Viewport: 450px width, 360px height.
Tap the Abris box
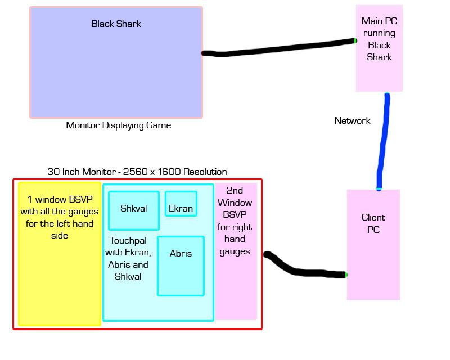[x=181, y=265]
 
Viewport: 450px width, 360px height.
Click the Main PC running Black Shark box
[x=379, y=48]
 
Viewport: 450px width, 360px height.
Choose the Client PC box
[x=373, y=245]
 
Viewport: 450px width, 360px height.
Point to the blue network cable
[x=384, y=141]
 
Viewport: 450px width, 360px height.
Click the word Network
[x=352, y=121]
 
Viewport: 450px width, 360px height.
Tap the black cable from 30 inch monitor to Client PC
[x=304, y=272]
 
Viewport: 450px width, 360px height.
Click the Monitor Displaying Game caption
[x=119, y=125]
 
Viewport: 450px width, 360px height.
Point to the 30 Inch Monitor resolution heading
[x=137, y=172]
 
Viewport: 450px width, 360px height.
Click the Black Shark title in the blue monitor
[x=116, y=24]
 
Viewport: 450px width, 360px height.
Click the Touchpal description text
[x=129, y=258]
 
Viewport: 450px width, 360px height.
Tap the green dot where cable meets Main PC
[x=355, y=40]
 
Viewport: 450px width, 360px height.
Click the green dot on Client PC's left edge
[x=346, y=275]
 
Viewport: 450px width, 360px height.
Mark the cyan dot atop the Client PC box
[x=379, y=189]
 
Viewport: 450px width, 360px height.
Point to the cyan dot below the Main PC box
[x=387, y=93]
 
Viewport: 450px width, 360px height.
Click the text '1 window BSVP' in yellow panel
[x=60, y=200]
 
